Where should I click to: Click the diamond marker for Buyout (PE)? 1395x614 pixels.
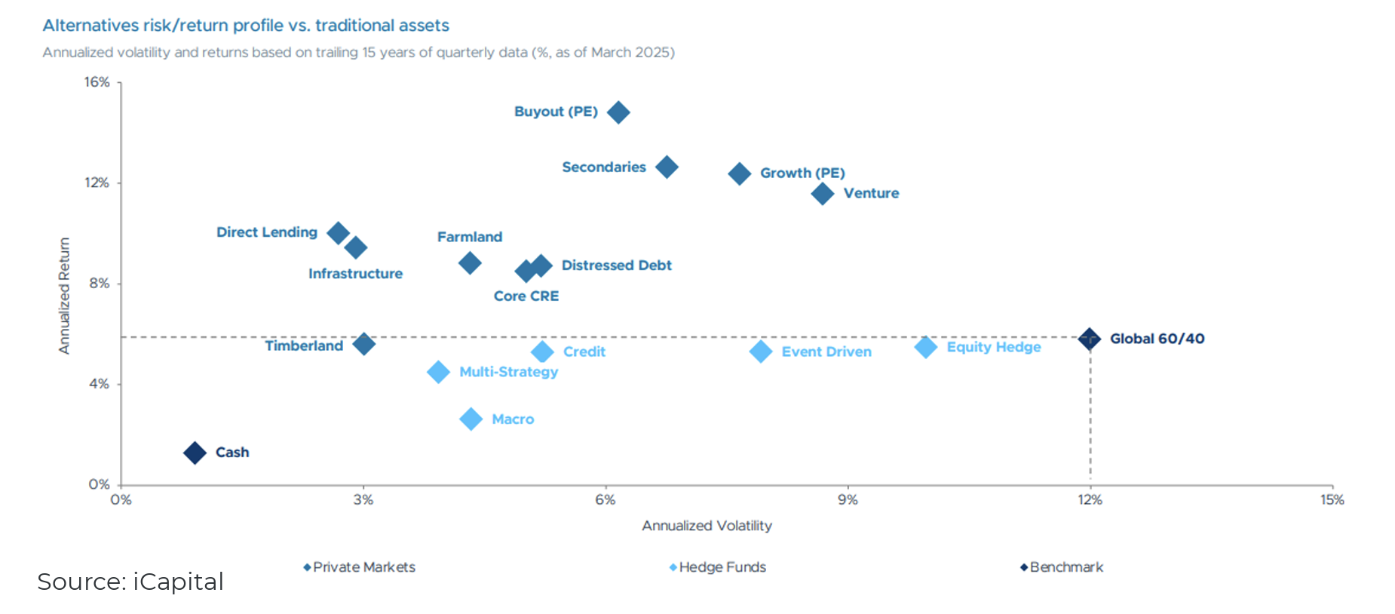(618, 112)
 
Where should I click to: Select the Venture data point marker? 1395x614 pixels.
(822, 194)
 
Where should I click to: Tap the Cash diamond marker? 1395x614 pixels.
(195, 453)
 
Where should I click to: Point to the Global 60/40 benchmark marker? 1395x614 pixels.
(1089, 339)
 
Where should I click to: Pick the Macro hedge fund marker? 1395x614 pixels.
(471, 419)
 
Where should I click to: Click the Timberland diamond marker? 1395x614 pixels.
(363, 344)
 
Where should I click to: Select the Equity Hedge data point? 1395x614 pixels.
(925, 347)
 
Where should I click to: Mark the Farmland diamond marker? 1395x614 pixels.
(470, 263)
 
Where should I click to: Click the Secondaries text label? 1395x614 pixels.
(603, 167)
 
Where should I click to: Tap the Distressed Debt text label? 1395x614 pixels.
(616, 265)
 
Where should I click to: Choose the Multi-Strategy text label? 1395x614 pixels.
(508, 372)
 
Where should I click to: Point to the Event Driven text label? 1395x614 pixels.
(826, 352)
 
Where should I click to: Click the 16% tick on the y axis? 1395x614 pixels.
(97, 82)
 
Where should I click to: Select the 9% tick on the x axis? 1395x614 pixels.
(848, 499)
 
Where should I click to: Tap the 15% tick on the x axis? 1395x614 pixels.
(1332, 499)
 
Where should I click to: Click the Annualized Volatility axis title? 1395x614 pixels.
(707, 526)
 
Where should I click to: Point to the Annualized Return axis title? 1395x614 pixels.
(64, 296)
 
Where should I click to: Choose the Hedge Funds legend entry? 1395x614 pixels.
(721, 567)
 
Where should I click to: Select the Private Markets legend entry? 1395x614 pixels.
(363, 567)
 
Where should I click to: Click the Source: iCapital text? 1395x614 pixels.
(130, 582)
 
